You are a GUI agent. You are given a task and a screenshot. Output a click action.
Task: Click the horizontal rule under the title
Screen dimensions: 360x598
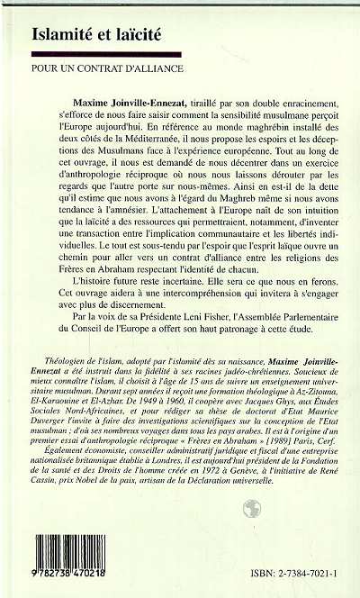(x=180, y=53)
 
